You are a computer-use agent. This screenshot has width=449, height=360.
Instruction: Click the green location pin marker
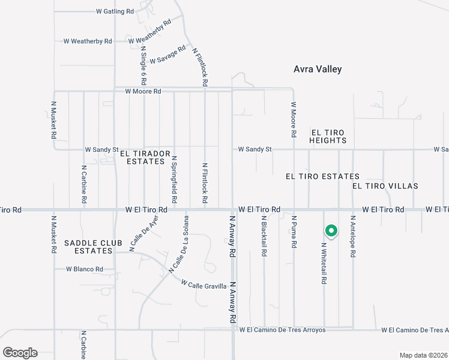tap(331, 231)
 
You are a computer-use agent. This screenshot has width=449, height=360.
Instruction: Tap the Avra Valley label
tap(318, 69)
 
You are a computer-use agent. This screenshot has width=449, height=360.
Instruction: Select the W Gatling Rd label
tap(115, 11)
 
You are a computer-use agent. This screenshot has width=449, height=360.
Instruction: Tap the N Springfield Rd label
tap(174, 179)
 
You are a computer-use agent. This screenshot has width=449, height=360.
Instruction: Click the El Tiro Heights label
tap(328, 136)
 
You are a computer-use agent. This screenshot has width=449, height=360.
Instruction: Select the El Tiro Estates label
tap(322, 176)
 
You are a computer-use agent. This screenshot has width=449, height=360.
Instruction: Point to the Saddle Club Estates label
tap(93, 247)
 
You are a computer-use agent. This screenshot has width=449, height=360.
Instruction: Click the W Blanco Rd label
tap(84, 269)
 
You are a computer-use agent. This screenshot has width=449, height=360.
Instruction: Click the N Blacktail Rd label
tap(264, 238)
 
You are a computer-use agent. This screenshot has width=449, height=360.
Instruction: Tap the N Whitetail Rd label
tap(324, 263)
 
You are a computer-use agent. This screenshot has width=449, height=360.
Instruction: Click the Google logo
tap(20, 352)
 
